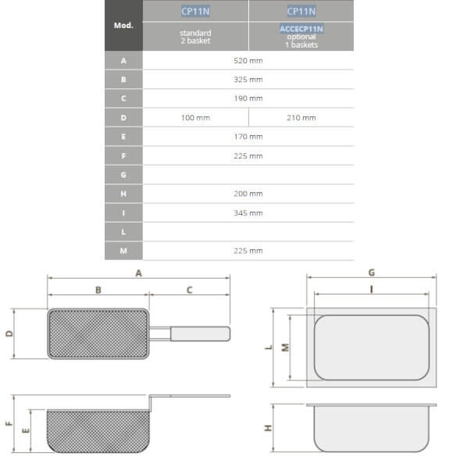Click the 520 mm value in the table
pos(248,60)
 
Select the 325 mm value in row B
pos(248,80)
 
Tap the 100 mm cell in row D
pos(195,118)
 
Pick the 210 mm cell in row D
pos(301,118)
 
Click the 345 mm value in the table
pos(248,212)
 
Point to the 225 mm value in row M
pos(248,251)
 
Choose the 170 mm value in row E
pos(248,137)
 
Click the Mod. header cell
pos(123,25)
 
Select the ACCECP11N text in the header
pos(301,29)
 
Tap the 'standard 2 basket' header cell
pos(195,36)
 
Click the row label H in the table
pos(123,194)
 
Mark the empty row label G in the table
pos(123,175)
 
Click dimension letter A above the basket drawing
pos(138,273)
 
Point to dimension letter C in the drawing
pos(190,290)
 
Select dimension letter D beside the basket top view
pos(9,333)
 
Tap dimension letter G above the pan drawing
pos(372,273)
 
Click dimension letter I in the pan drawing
pos(372,289)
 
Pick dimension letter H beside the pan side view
pos(268,428)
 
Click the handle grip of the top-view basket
pos(201,334)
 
